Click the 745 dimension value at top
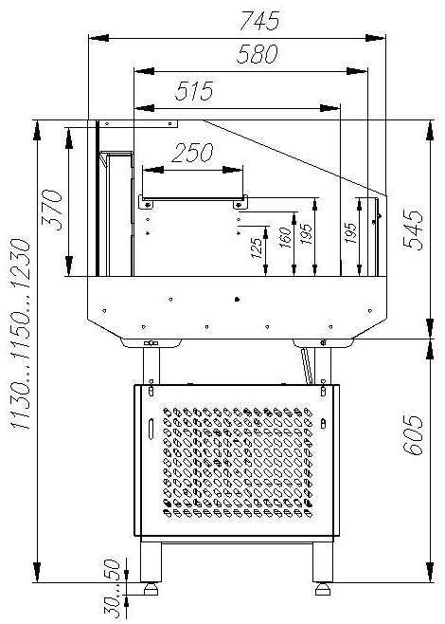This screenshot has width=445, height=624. tap(259, 21)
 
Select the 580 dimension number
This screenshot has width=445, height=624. tap(258, 54)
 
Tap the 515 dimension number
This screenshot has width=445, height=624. tap(194, 91)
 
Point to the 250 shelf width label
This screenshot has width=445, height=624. tap(192, 153)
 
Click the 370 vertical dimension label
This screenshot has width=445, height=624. tap(52, 211)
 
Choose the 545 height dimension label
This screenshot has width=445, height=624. tap(413, 230)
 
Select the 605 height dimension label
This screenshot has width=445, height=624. tap(413, 435)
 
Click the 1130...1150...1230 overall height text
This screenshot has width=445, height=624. tap(20, 334)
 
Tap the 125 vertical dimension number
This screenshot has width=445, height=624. tap(258, 248)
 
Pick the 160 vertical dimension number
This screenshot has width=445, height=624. tap(285, 238)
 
